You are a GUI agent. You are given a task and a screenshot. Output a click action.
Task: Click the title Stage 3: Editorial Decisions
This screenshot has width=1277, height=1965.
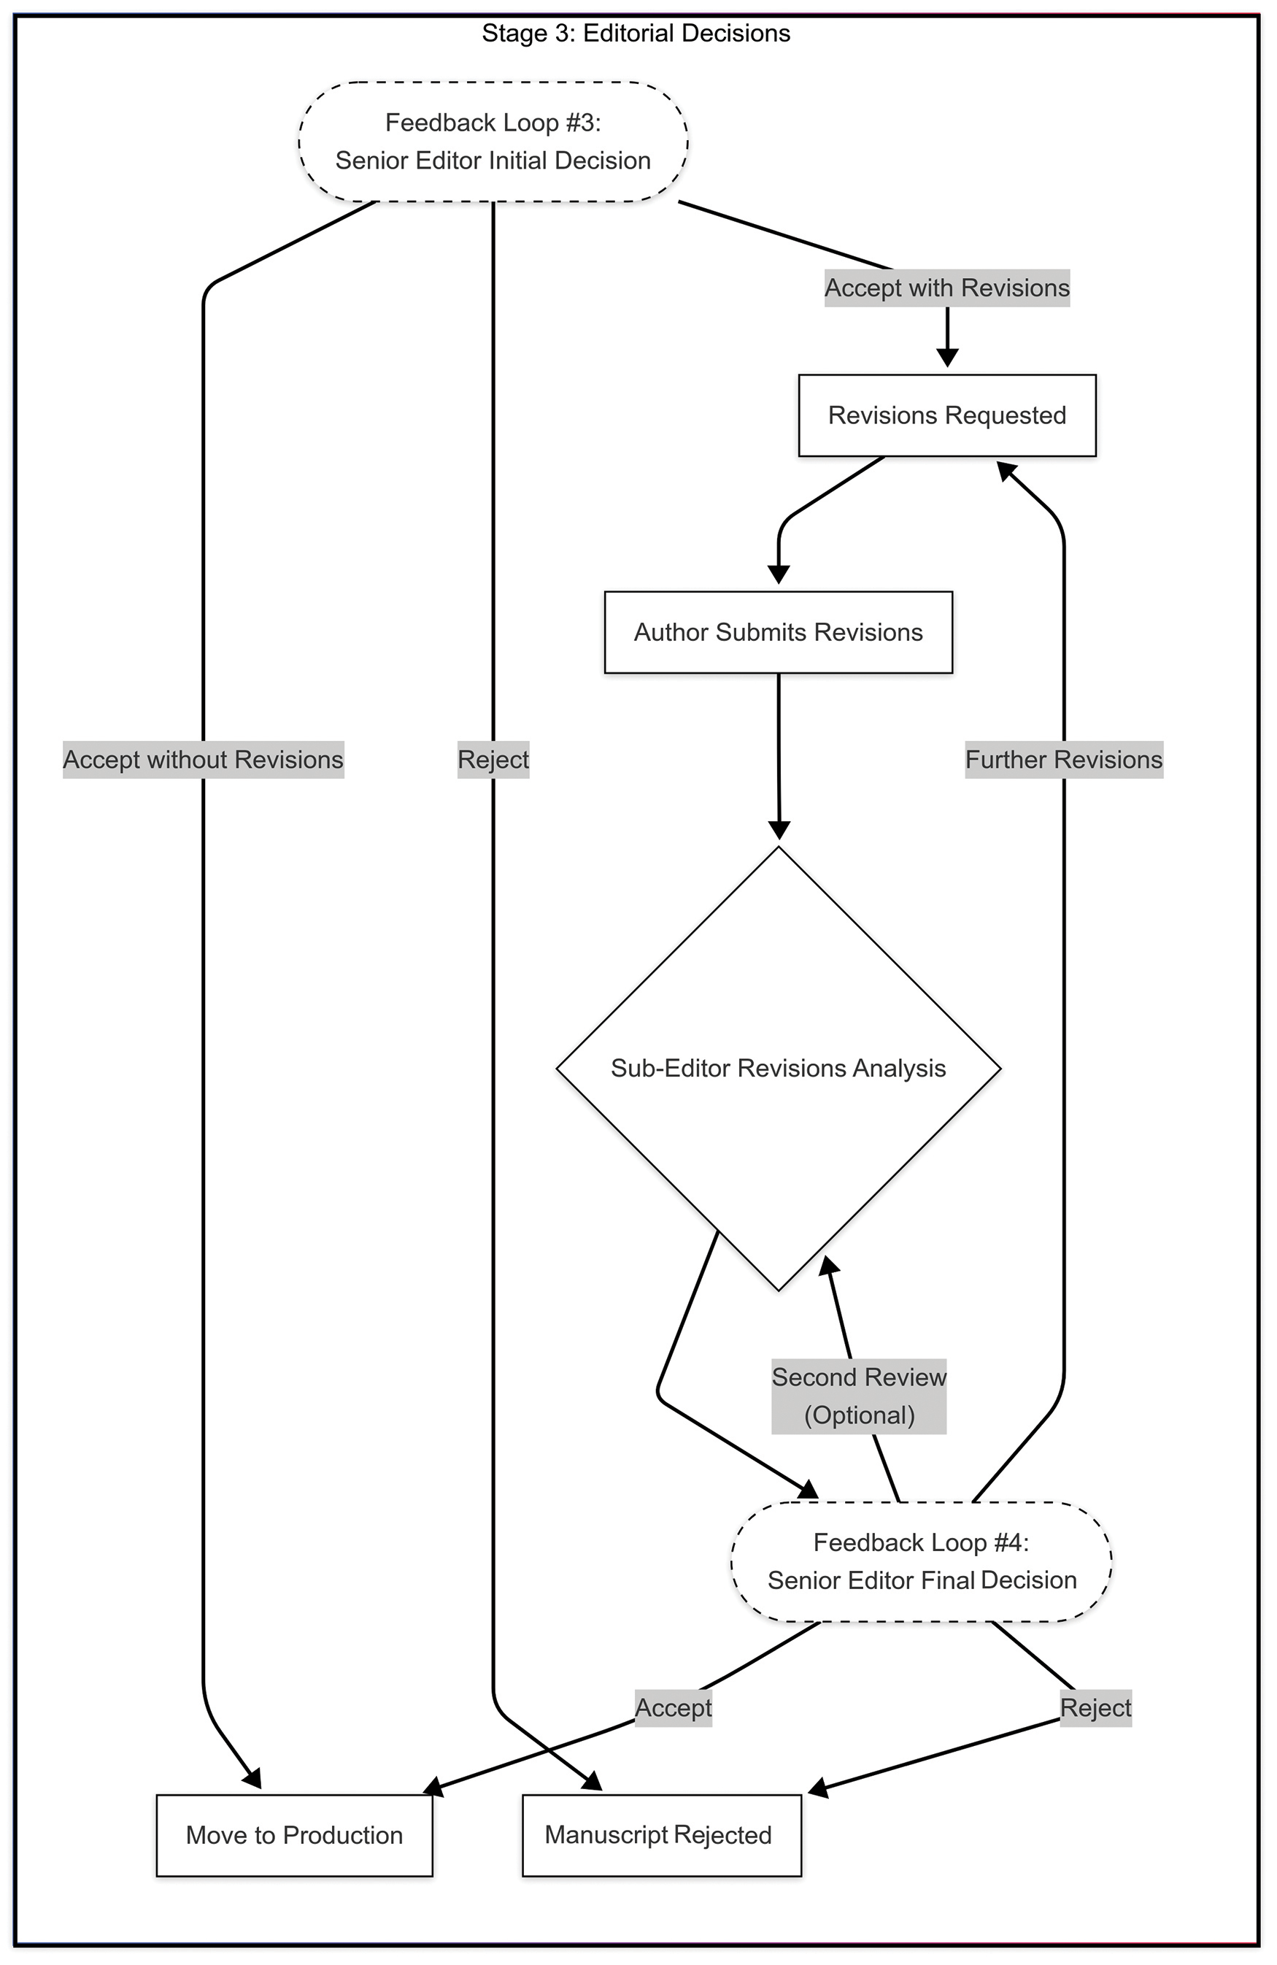[x=636, y=33]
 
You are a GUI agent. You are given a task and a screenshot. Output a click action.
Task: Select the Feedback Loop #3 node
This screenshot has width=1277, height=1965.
[x=493, y=141]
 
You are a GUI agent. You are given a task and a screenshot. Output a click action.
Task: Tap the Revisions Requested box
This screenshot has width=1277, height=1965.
[x=947, y=415]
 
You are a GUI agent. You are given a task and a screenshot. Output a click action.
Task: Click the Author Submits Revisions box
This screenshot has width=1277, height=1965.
[x=779, y=632]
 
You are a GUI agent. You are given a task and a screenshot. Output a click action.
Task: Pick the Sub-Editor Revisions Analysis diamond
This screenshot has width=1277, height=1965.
[x=779, y=1069]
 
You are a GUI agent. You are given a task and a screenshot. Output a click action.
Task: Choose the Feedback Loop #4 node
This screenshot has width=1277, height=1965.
[x=921, y=1561]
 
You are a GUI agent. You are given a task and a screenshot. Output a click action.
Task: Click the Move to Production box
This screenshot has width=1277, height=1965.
[x=295, y=1835]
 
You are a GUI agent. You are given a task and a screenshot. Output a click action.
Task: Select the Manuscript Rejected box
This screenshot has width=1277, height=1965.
[x=661, y=1835]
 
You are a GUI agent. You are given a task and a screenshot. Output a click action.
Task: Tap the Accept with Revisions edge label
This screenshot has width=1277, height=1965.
[x=947, y=288]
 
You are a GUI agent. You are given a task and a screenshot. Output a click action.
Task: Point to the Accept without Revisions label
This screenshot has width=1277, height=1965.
[x=203, y=760]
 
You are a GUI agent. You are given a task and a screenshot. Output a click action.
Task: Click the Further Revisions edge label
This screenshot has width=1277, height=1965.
[x=1064, y=760]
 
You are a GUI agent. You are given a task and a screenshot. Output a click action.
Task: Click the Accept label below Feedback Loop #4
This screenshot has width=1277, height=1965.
[x=674, y=1707]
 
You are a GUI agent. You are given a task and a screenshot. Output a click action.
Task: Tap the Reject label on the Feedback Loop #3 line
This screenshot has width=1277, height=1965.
[x=493, y=760]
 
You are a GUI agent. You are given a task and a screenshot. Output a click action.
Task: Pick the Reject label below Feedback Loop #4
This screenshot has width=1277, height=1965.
[x=1095, y=1707]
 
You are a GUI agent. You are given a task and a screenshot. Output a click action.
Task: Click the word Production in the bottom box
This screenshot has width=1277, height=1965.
[x=342, y=1835]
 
